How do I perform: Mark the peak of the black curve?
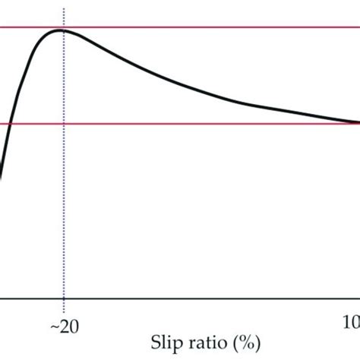[x=62, y=30]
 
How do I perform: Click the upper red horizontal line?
[x=213, y=28]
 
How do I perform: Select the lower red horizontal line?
[x=213, y=124]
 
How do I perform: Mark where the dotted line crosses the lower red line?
[x=64, y=124]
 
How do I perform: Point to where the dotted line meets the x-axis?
[x=64, y=300]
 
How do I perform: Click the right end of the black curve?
[x=358, y=122]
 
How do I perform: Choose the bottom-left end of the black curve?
[x=1, y=178]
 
